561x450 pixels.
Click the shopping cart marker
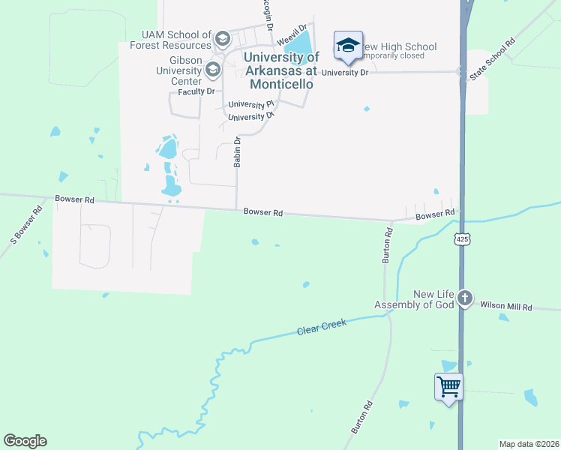coord(448,388)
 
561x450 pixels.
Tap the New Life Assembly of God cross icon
coord(465,298)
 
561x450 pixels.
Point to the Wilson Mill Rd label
coord(505,307)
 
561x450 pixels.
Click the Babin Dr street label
coord(237,152)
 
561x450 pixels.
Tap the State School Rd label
coord(493,58)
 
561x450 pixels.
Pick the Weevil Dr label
coord(292,36)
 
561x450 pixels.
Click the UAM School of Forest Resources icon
coord(222,38)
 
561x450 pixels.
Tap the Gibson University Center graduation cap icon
coord(212,70)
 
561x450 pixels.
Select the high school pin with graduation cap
coord(348,45)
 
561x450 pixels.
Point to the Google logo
coord(25,441)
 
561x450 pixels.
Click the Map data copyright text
coord(529,444)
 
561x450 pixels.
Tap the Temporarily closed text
coord(394,55)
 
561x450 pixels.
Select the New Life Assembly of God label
coord(415,300)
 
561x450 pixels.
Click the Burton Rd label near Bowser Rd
coord(388,244)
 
